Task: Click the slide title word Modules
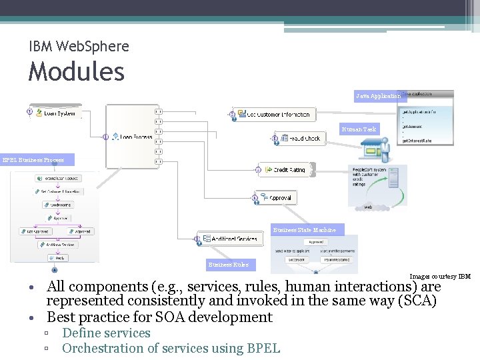point(76,71)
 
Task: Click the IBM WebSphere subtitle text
point(79,47)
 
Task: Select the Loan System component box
point(57,113)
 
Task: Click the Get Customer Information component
point(273,115)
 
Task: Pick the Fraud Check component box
point(299,139)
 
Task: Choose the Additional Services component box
point(230,239)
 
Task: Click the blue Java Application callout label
point(378,97)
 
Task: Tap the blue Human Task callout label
point(359,129)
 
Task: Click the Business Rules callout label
point(228,265)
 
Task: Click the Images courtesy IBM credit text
point(439,276)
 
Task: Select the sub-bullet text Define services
point(106,333)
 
